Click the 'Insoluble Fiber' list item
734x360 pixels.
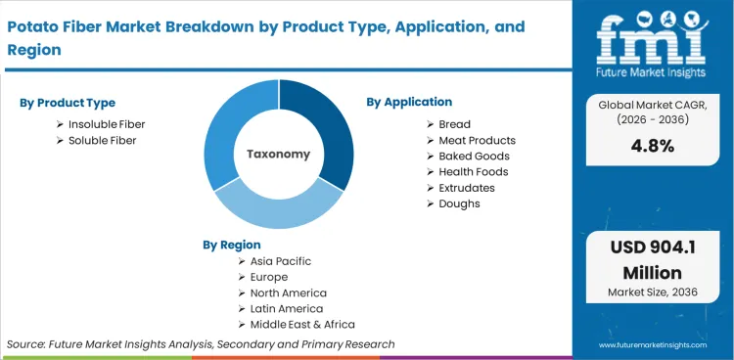point(108,124)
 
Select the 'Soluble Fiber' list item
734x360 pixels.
point(103,140)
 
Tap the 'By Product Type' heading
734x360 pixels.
point(68,103)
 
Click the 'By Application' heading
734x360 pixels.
point(409,102)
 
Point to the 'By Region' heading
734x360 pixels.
point(232,245)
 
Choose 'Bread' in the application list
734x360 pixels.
point(454,124)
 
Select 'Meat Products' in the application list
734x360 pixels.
point(477,140)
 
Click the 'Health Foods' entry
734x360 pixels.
point(473,171)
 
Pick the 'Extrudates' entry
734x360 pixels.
point(467,187)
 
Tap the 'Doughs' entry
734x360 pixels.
point(459,203)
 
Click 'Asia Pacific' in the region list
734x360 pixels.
point(281,261)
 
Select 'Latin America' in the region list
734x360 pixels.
point(287,308)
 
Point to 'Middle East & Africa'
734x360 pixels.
point(302,324)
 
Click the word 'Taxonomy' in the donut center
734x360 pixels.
point(278,154)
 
